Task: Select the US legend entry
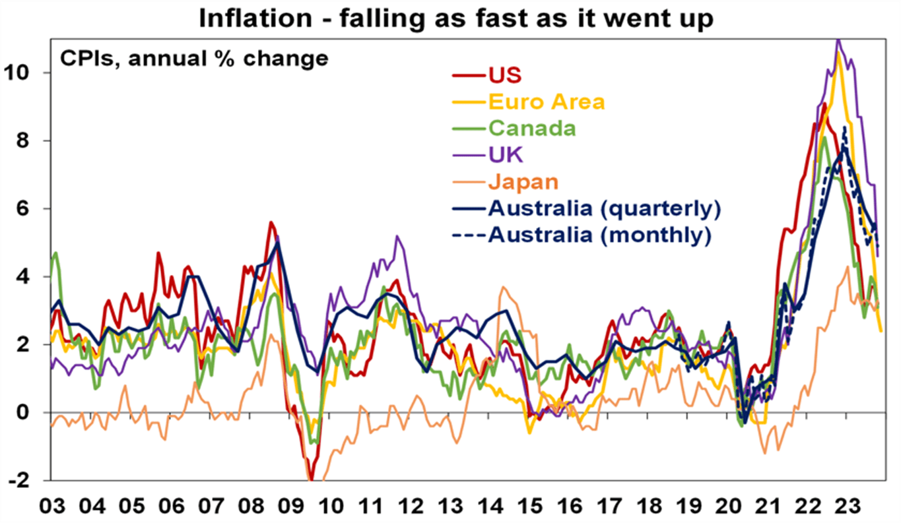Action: point(505,75)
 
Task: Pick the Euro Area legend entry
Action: point(547,102)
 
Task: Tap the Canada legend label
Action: point(531,128)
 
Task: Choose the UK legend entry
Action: point(505,155)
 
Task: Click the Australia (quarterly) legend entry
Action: point(603,208)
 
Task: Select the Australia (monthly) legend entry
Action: point(599,235)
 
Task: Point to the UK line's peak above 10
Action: point(838,41)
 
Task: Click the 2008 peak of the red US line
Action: point(271,223)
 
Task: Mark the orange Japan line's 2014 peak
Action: point(504,288)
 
